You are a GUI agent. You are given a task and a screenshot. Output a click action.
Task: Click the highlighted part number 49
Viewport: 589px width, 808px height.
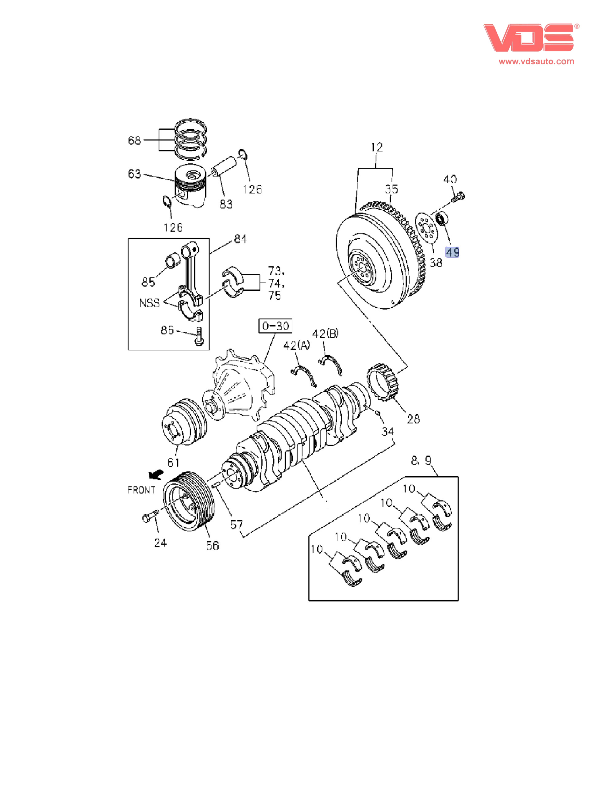point(452,252)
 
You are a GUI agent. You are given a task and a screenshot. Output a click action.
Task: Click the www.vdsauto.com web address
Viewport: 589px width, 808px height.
point(536,61)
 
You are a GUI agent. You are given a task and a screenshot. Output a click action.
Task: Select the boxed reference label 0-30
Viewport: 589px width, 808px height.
point(275,326)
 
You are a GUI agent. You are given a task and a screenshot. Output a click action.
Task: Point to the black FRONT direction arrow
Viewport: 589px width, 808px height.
point(156,475)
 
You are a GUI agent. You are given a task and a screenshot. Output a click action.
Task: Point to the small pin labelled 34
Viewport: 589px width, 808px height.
point(378,413)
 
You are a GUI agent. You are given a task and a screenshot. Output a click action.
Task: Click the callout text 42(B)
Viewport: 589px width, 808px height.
point(325,334)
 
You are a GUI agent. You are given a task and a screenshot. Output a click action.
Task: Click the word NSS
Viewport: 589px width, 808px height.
point(149,303)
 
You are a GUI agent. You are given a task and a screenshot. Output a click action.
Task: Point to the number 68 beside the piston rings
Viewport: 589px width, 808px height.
point(134,140)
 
